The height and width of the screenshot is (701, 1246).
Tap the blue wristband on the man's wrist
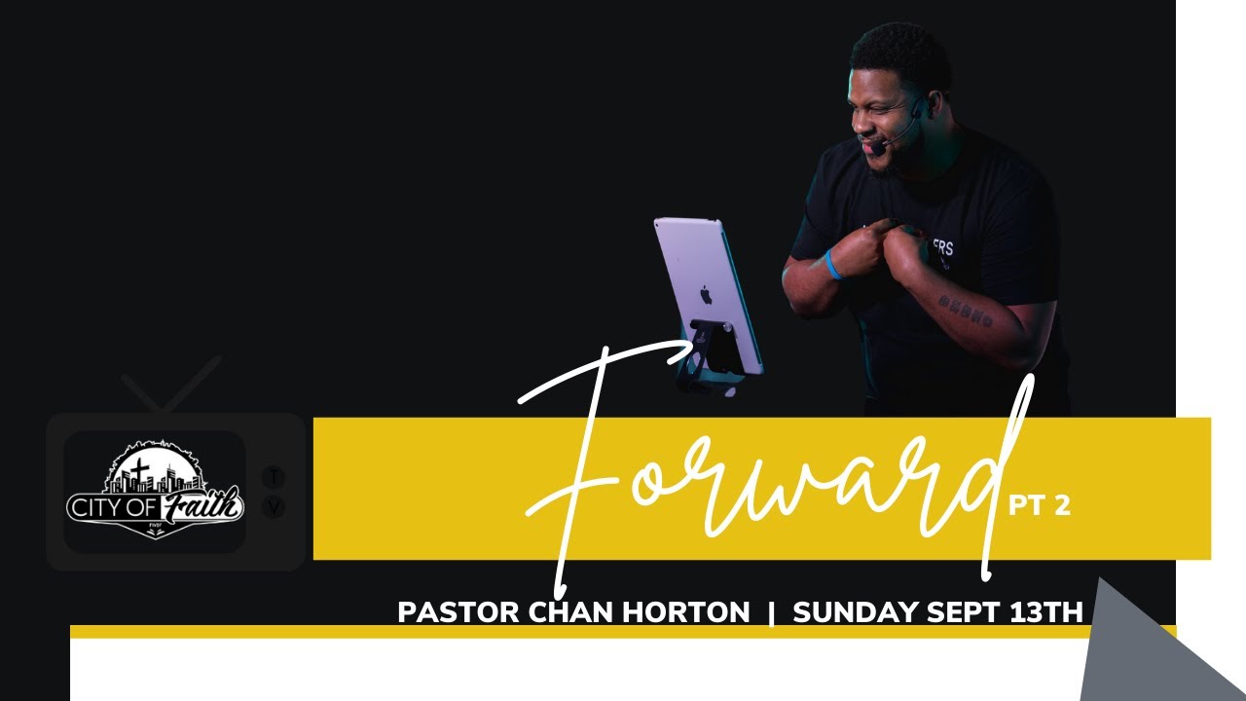(x=832, y=265)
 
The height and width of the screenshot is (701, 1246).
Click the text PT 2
(x=1039, y=505)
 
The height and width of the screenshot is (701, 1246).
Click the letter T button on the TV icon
(x=275, y=477)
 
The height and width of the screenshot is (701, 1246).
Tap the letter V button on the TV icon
(x=275, y=507)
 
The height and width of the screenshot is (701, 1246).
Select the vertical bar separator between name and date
(x=771, y=612)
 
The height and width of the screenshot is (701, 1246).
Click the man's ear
(x=933, y=104)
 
